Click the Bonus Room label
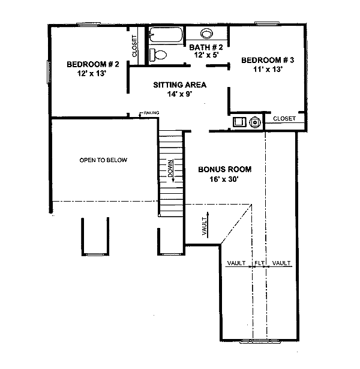[x=225, y=170]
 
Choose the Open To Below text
[x=104, y=160]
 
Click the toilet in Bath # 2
[x=157, y=55]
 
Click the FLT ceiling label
[x=259, y=263]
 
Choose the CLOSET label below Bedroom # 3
[x=284, y=119]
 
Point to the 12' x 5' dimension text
[x=206, y=55]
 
